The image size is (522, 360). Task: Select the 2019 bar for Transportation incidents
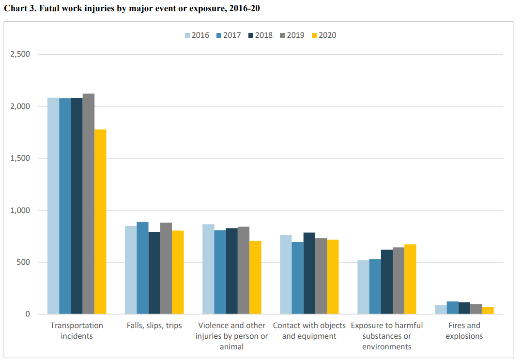tap(89, 204)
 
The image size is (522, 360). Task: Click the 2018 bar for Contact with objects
tap(309, 273)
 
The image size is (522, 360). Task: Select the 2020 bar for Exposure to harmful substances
tap(410, 279)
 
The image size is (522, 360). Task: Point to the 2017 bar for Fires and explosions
tap(452, 308)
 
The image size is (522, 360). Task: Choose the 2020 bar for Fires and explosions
tap(488, 310)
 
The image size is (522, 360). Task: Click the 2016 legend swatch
tap(187, 35)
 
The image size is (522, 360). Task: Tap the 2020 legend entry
tap(323, 35)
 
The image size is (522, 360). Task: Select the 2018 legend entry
tap(260, 35)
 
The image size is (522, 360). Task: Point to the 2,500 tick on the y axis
tap(21, 54)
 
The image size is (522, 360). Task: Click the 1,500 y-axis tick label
tap(21, 158)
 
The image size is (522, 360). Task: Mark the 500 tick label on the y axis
tap(24, 262)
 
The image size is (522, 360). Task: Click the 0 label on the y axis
tap(28, 315)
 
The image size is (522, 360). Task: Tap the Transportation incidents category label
tap(77, 330)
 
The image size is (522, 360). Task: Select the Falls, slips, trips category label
tap(154, 326)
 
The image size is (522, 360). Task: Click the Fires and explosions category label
tap(463, 330)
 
